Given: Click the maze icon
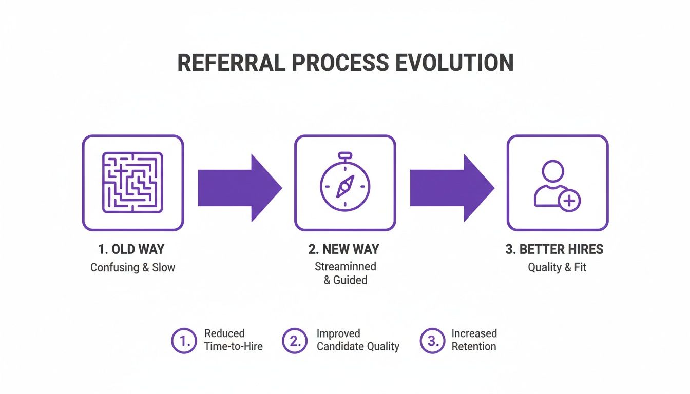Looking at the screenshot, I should tap(132, 183).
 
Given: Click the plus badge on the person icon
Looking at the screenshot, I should tap(569, 201).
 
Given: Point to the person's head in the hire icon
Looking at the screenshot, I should tap(553, 171).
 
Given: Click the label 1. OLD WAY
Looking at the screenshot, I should tap(132, 250).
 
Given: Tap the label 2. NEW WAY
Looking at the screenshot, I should tap(344, 250).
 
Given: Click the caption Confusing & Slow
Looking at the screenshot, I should tap(132, 267).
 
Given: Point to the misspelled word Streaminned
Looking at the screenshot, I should tap(346, 267).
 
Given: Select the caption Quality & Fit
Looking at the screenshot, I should tap(557, 267).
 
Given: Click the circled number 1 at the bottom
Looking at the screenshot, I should tap(183, 341).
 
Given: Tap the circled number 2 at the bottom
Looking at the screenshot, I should tap(295, 341).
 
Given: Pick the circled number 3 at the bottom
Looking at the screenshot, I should tap(432, 341).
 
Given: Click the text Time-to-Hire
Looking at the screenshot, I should tap(233, 347).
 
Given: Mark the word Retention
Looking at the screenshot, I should tap(473, 347).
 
